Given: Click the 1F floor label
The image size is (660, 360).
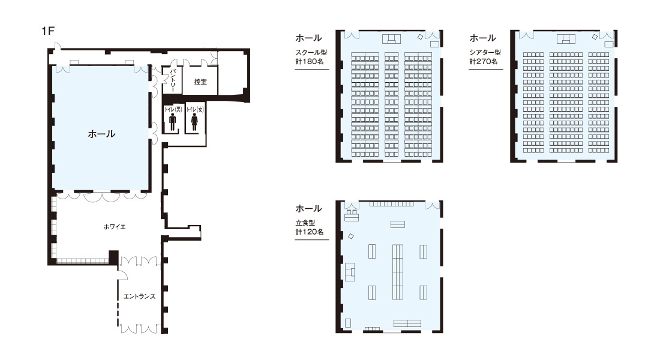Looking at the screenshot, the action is coord(49,31).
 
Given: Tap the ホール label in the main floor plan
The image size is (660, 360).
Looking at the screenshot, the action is coord(101,134).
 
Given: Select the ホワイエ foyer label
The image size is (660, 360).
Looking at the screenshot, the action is coord(115,227).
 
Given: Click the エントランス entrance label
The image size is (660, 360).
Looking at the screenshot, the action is coord(139,296).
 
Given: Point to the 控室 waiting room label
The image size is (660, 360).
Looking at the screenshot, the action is coord(200,82).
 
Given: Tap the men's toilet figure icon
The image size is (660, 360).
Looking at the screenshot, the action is coord(172,122).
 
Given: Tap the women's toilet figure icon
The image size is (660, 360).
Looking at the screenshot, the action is coord(194,122).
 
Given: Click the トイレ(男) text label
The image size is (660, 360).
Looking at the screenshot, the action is coord(173,109).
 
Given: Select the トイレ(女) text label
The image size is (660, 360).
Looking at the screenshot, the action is coord(195,109).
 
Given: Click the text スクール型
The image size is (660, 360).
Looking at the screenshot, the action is coord(311,53).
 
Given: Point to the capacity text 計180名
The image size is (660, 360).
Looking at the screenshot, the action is coord(310,61).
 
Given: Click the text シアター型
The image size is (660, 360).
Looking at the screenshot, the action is coord(485,53).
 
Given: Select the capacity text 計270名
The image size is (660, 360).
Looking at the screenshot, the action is coord(484,61).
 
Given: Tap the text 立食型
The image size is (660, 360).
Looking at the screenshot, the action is coord(305,223).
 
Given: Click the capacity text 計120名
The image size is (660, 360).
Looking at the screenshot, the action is coord(310,232).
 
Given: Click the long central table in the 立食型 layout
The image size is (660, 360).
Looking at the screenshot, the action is coord(398,272).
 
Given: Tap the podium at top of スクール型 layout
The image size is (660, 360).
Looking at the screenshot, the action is coord(391,39).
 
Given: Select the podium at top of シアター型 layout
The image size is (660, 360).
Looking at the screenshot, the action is coord(566,39).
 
